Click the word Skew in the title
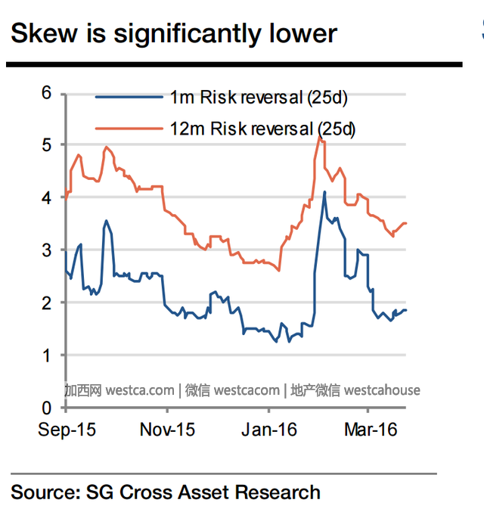[x=44, y=33]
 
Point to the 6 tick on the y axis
[x=46, y=93]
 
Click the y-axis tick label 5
[x=46, y=144]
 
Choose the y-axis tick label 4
[x=46, y=197]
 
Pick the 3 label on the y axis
[x=46, y=250]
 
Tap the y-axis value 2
[x=46, y=303]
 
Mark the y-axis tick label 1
[x=46, y=355]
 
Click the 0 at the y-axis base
[x=46, y=408]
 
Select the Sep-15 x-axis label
[x=67, y=430]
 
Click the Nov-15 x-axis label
[x=167, y=430]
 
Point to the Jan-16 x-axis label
[x=269, y=430]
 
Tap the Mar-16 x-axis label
[x=371, y=430]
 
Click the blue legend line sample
[x=129, y=97]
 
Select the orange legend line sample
[x=129, y=129]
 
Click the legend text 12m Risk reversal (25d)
[x=262, y=129]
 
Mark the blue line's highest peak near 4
[x=324, y=192]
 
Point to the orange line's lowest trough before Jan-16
[x=279, y=271]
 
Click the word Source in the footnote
[x=45, y=492]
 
